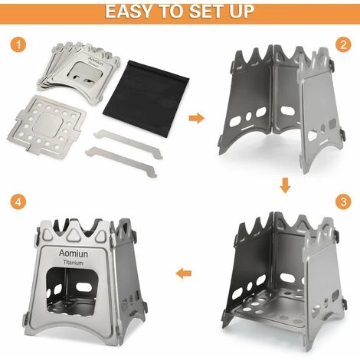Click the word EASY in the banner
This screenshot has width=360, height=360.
(129, 11)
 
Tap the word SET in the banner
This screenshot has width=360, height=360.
(206, 11)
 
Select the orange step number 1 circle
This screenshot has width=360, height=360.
(18, 44)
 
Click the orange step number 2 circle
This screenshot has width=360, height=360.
(343, 44)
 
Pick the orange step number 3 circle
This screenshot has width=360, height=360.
(343, 201)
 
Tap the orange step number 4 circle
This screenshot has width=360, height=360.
(18, 201)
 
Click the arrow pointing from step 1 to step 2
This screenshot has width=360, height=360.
(197, 118)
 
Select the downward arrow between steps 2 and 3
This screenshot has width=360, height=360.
(285, 185)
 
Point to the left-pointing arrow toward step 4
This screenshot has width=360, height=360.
(184, 273)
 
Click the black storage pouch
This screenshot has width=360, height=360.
(146, 98)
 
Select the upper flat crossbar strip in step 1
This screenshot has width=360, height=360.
(128, 144)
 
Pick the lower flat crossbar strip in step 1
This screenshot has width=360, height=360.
(121, 162)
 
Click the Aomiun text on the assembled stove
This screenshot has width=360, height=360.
(74, 254)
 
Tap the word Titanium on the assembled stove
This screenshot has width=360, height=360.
(73, 263)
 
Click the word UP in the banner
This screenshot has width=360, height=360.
(242, 11)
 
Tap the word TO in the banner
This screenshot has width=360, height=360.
(171, 11)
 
